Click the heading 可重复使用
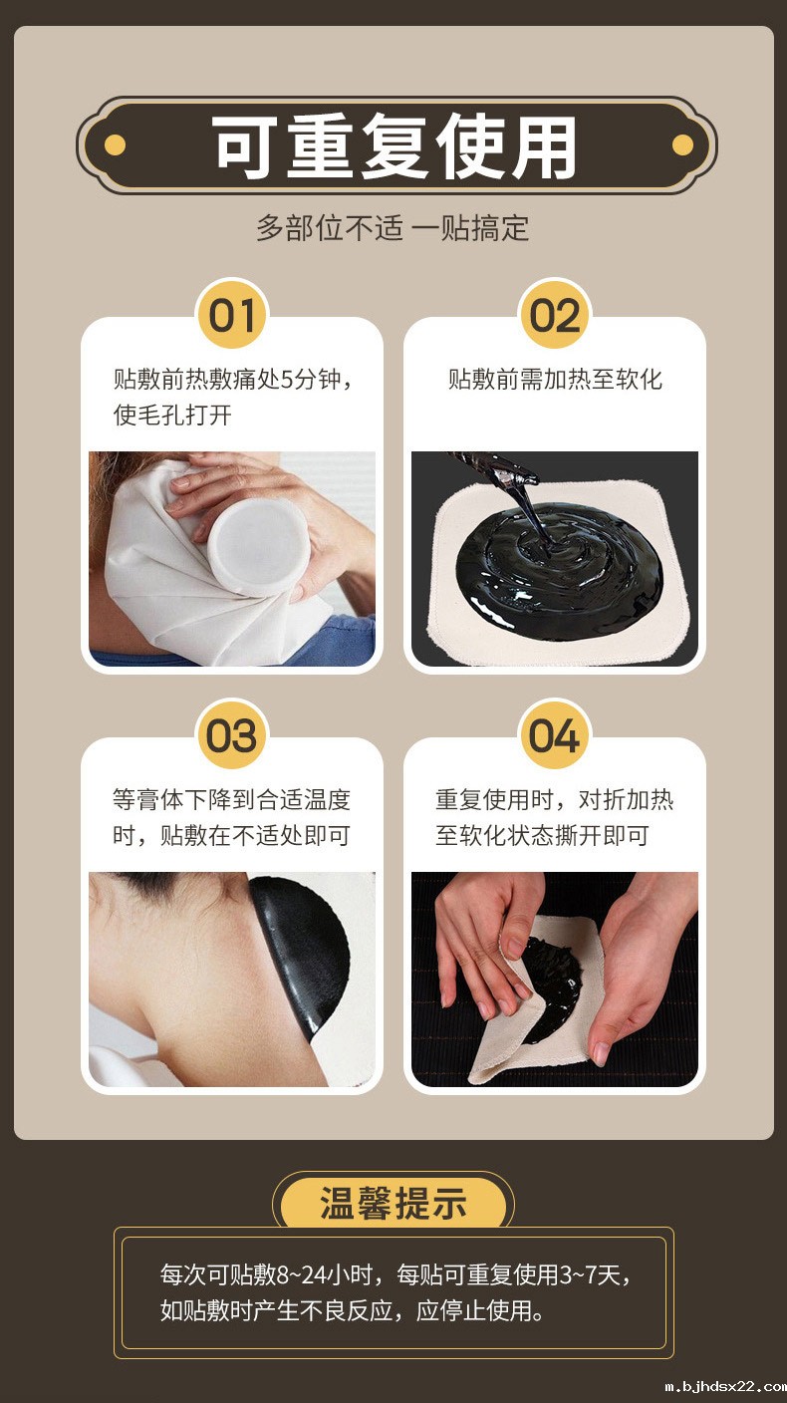tap(395, 147)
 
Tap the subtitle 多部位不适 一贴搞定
tap(393, 228)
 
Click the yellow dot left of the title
tap(115, 145)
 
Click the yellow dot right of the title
tap(682, 145)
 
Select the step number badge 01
tap(231, 316)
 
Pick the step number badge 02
tap(554, 316)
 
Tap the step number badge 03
tap(231, 737)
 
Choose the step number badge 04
tap(554, 737)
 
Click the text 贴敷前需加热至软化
tap(555, 380)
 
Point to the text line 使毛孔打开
tap(172, 415)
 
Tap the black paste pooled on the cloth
tap(558, 568)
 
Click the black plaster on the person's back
tap(304, 952)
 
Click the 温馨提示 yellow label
tap(393, 1204)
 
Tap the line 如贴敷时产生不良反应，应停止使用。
tap(354, 1310)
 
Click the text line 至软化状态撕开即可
tap(542, 835)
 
